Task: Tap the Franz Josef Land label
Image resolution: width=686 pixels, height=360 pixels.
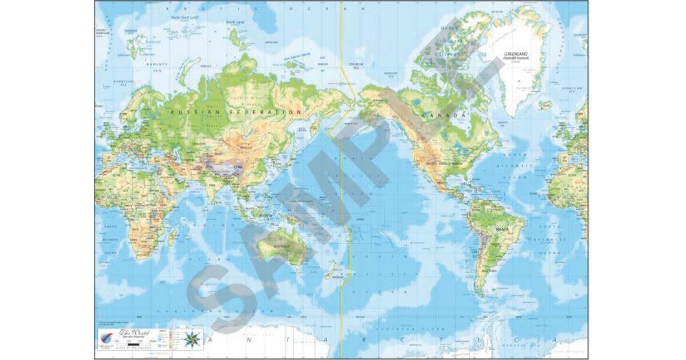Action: coord(185,17)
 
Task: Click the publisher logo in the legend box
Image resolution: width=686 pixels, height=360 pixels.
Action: coord(106,336)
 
